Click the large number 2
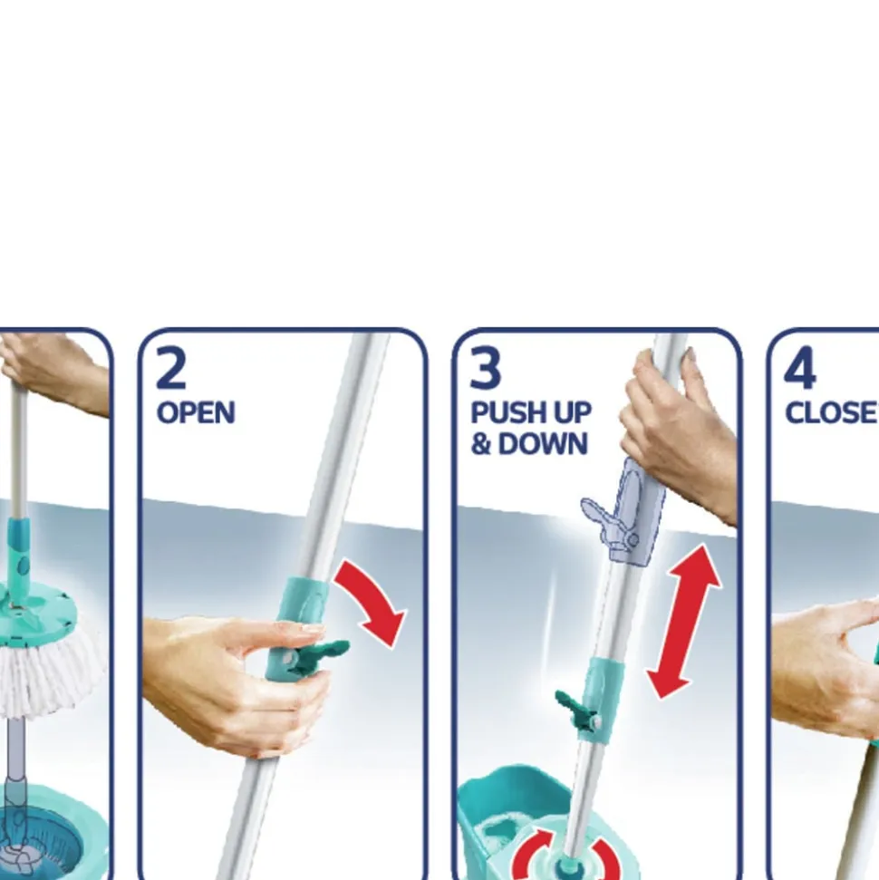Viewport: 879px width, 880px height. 170,367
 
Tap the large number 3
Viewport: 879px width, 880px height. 485,367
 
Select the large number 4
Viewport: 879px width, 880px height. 799,367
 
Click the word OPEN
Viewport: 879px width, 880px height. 196,413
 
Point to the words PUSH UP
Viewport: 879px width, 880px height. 531,413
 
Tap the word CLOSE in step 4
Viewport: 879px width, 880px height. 832,413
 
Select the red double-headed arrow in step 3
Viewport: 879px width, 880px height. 685,621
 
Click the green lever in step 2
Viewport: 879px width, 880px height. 319,656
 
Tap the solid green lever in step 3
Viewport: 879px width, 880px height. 576,710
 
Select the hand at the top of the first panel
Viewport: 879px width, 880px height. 53,371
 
